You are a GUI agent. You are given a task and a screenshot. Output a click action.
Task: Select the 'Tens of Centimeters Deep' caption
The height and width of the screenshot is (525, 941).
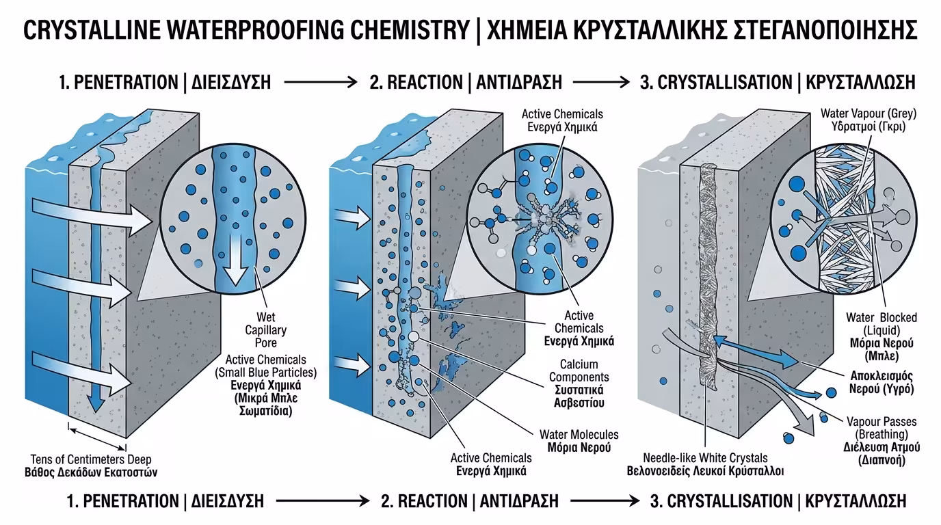point(91,459)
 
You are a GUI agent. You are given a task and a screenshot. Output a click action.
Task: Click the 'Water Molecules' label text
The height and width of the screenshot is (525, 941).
point(579,435)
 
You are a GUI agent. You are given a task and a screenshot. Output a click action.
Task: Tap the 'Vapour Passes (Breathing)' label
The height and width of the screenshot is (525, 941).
point(882,428)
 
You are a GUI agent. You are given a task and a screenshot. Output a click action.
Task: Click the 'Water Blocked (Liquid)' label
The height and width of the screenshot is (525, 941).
point(881,324)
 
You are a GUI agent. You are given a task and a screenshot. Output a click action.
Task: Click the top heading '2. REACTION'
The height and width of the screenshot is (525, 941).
point(415,83)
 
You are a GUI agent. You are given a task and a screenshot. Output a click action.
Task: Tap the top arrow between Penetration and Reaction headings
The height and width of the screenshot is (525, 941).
point(319,83)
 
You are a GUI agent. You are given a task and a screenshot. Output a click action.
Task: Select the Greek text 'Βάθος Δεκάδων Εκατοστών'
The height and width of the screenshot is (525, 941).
point(91,472)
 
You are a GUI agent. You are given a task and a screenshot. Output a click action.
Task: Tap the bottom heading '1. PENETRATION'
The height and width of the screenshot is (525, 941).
point(122,501)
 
